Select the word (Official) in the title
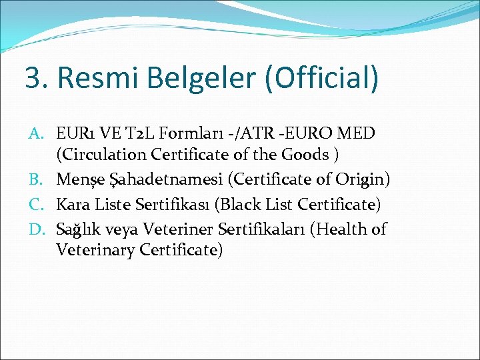click(322, 78)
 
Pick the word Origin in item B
click(363, 179)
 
